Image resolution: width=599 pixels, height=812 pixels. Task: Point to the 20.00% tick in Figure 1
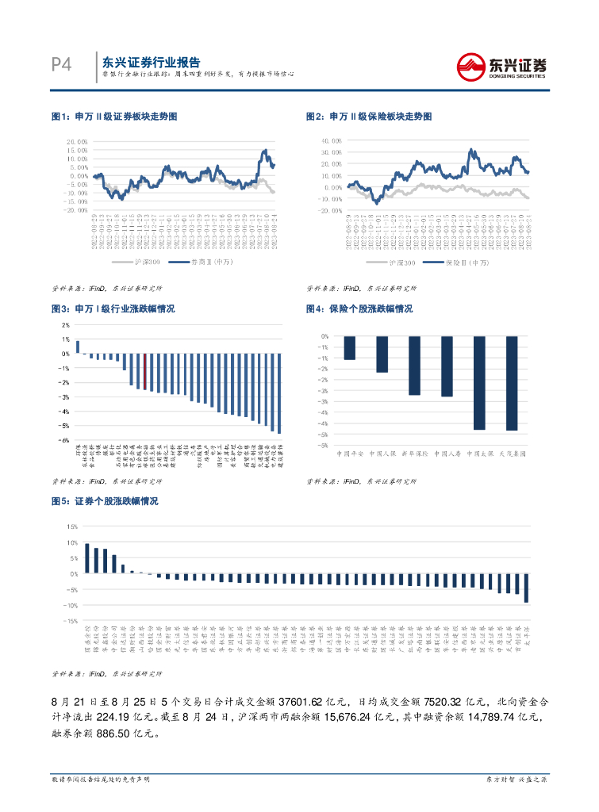click(x=76, y=142)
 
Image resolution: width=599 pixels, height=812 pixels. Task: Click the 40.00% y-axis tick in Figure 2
click(x=332, y=141)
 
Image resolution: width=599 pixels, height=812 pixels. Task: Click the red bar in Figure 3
click(x=144, y=371)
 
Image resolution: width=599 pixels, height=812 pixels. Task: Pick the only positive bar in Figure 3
click(x=78, y=347)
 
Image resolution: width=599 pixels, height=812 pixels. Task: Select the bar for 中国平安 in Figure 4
click(x=350, y=347)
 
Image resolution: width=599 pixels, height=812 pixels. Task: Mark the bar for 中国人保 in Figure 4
click(x=382, y=354)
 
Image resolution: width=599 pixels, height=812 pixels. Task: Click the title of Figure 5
click(x=105, y=502)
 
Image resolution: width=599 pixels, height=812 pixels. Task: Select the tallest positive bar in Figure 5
click(x=87, y=558)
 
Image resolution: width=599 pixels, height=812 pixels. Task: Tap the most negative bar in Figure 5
click(x=526, y=588)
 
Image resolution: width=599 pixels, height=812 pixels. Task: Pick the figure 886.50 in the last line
click(x=129, y=733)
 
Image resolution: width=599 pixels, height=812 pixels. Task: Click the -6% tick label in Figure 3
click(x=65, y=440)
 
